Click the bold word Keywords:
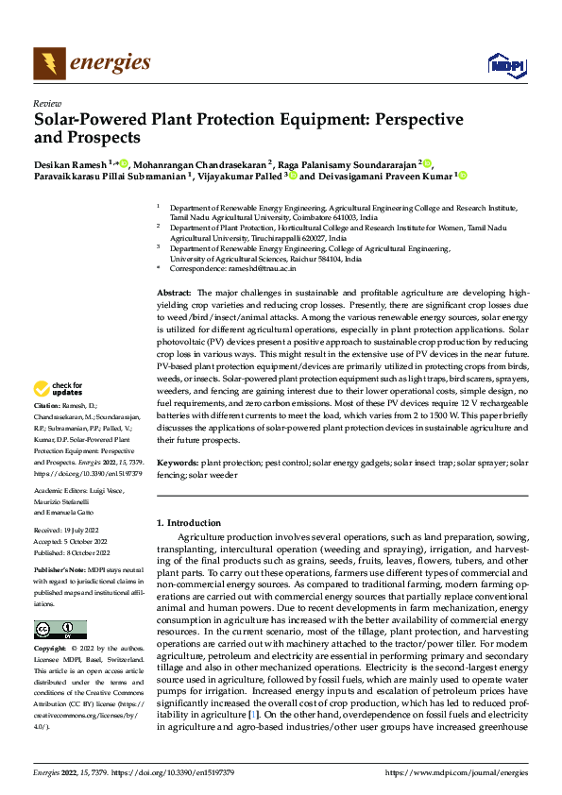click(x=177, y=464)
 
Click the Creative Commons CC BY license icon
click(x=60, y=630)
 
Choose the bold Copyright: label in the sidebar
click(x=50, y=650)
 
